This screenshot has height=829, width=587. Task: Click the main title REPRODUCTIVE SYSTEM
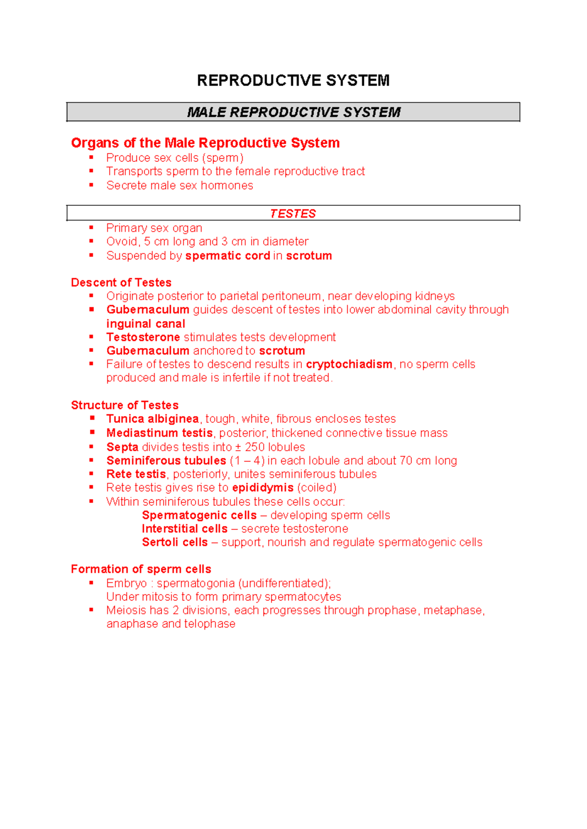pos(293,81)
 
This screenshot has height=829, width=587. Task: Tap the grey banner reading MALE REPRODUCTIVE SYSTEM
pos(293,112)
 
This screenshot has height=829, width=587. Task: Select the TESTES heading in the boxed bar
pos(293,214)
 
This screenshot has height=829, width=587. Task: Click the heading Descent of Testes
pos(121,283)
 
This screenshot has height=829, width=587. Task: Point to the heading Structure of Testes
pos(124,405)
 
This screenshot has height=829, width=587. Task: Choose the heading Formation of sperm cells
pos(141,569)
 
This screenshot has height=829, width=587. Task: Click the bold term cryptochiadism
pos(349,364)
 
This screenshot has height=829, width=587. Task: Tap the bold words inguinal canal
pos(146,324)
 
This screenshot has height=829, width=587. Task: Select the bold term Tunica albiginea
pos(152,419)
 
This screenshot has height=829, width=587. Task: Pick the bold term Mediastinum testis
pos(159,433)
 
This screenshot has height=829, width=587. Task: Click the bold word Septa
pos(122,447)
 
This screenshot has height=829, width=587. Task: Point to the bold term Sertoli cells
pos(175,542)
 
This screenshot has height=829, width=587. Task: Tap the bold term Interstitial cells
pos(184,529)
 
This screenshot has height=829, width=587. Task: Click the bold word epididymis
pos(263,488)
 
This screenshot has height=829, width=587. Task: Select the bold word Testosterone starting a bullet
pos(143,337)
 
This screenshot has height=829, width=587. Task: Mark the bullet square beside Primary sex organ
pos(91,227)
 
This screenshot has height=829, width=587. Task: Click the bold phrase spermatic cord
pos(227,256)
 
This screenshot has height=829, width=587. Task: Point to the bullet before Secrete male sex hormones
pos(91,185)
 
